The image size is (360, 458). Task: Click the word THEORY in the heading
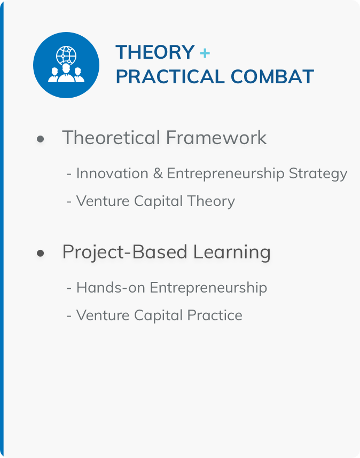coord(155,52)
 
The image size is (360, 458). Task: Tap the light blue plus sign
coord(205,53)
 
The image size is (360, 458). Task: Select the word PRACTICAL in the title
coord(170,77)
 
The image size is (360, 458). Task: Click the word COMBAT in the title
coord(272,77)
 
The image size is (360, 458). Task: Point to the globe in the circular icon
coord(66,55)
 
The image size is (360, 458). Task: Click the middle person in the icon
coord(66,73)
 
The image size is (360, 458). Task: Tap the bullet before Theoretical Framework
coord(40,139)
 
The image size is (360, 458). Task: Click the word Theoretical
coord(111,137)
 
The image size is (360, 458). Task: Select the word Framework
coord(216,137)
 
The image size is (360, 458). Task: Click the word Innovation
coord(112,173)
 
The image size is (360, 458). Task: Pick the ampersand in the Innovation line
coord(158,173)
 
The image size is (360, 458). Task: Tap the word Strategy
coord(318,174)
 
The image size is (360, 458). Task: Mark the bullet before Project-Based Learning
coord(40,253)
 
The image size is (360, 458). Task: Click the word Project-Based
coord(125,252)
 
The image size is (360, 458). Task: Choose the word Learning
coord(232,252)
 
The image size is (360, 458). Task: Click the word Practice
coord(215,315)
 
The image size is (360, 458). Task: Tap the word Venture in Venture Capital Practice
coord(103,315)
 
